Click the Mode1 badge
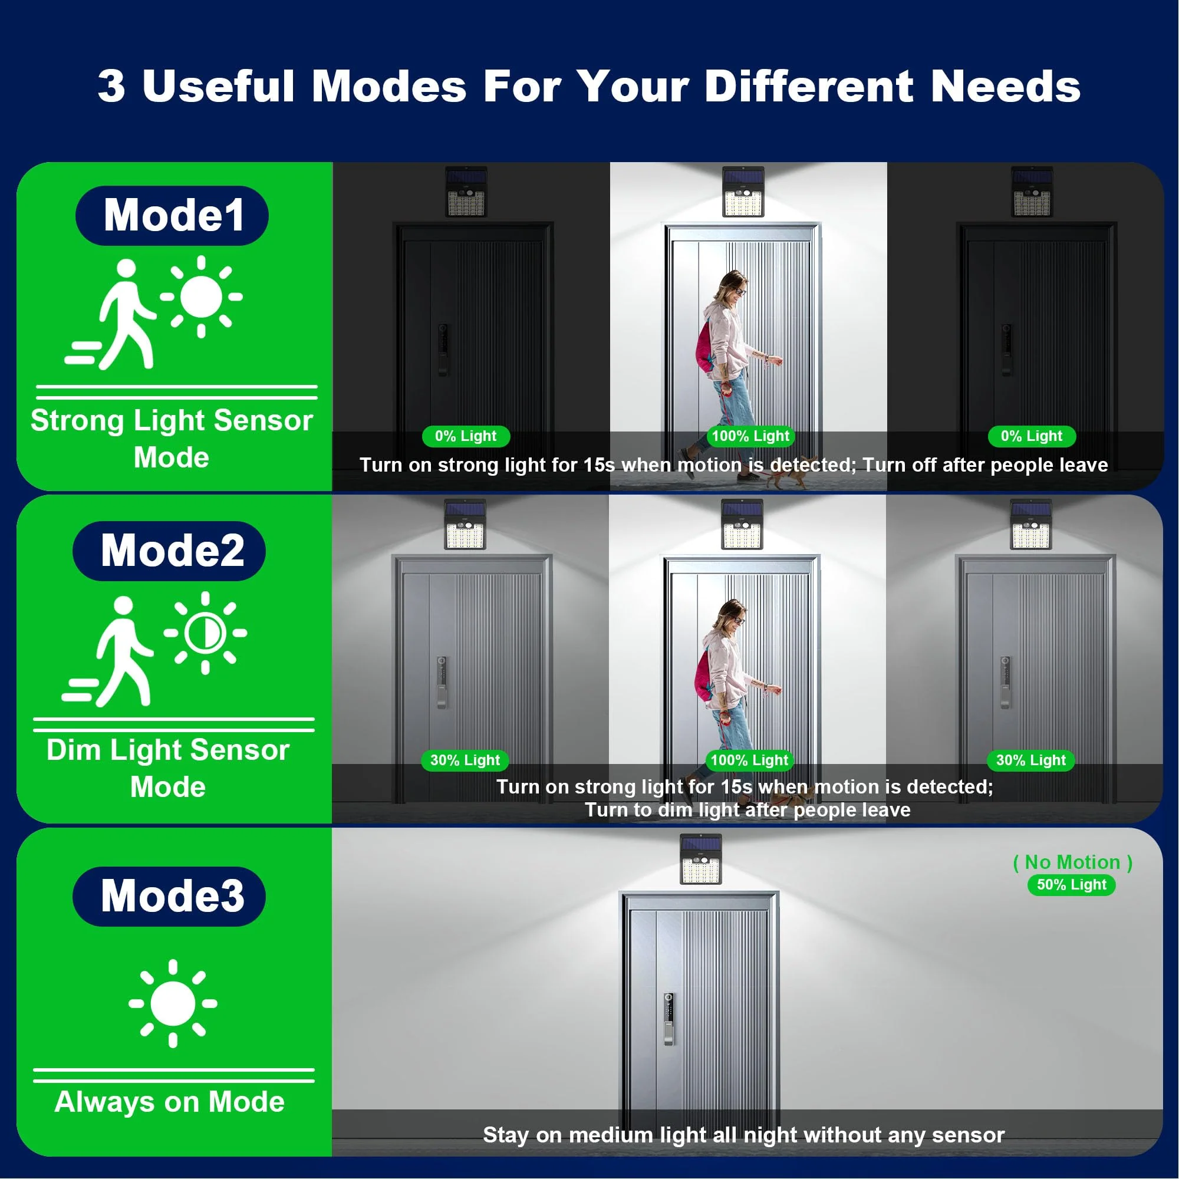pos(172,215)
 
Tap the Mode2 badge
pos(169,551)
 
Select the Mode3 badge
pos(169,896)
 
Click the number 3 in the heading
pos(111,85)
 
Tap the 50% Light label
pos(1072,884)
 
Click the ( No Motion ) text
pos(1072,862)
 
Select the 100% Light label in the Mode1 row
pos(750,436)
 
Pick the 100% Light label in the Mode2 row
pos(749,760)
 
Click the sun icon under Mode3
pos(173,1003)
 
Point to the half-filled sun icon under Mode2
pos(205,633)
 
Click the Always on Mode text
pos(169,1102)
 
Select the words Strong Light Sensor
pos(172,420)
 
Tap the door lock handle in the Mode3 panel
pos(669,1019)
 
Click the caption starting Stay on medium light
pos(743,1135)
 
